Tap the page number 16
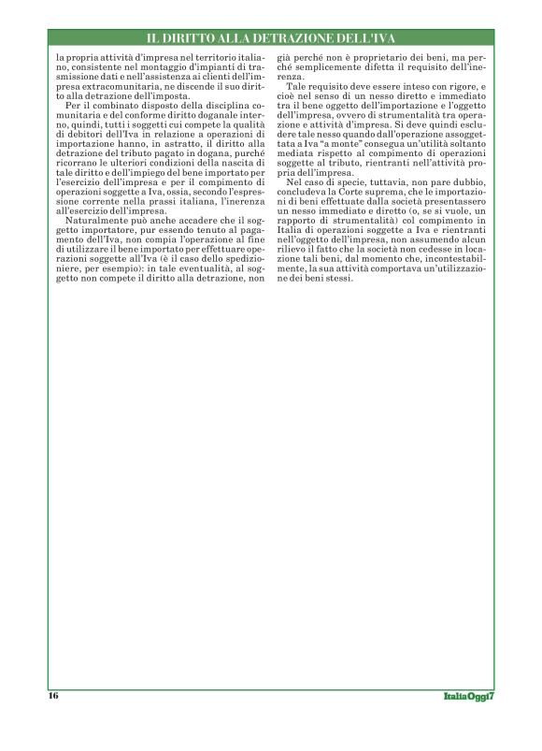(x=54, y=696)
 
